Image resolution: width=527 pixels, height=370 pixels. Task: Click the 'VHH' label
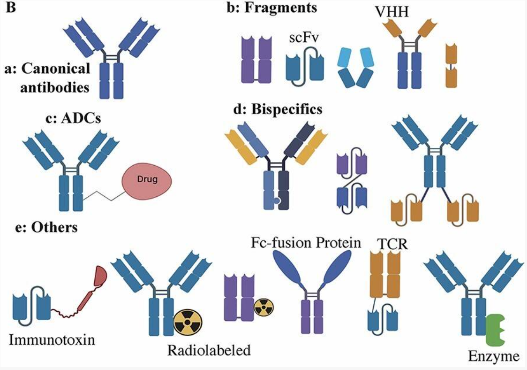point(392,10)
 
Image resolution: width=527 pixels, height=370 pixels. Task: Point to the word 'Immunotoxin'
point(52,339)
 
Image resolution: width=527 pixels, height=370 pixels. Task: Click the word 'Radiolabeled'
point(209,350)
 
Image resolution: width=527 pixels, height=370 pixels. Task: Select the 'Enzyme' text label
point(493,356)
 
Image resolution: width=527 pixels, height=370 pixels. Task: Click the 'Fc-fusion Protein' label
point(307,242)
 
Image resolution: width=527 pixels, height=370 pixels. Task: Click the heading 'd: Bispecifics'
point(278,109)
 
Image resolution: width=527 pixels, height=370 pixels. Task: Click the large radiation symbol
point(187,322)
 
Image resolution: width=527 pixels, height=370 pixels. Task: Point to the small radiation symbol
point(263,308)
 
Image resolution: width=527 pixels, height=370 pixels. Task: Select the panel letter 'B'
point(10,8)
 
